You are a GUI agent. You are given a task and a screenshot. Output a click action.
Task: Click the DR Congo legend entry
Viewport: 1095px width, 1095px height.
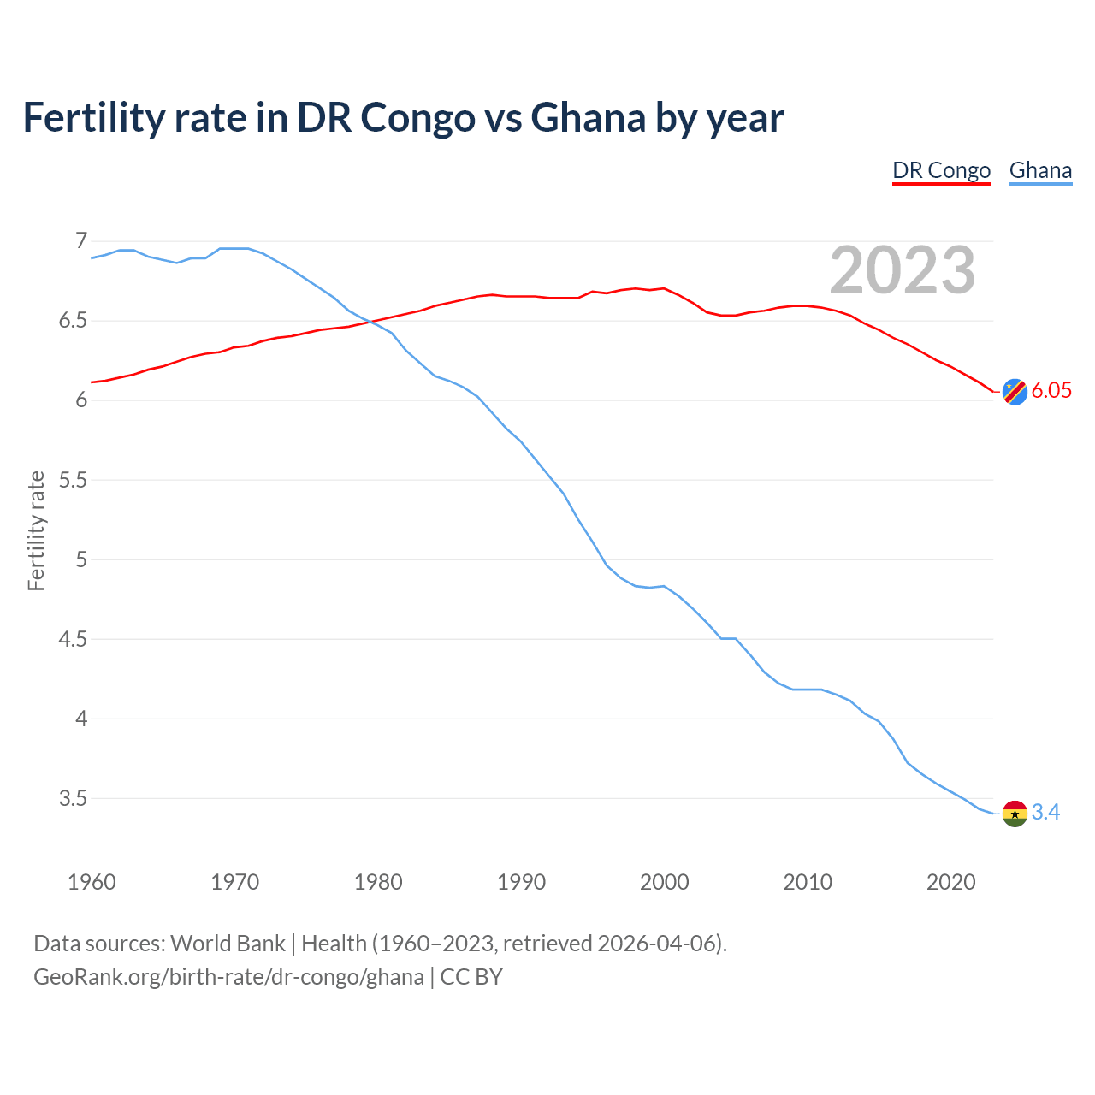coord(941,170)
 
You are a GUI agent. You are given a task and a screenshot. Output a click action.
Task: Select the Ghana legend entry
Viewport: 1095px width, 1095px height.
coord(1040,170)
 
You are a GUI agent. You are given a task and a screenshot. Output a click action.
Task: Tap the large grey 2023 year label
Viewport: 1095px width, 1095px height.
coord(903,270)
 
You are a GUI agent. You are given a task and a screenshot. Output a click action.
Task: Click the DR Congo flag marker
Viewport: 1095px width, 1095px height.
coord(1015,391)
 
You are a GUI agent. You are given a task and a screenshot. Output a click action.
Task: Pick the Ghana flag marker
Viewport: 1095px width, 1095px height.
coord(1015,813)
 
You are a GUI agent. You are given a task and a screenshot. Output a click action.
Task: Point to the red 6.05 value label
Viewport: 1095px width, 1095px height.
coord(1051,391)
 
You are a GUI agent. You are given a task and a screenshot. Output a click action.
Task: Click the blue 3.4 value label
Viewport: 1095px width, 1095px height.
coord(1045,813)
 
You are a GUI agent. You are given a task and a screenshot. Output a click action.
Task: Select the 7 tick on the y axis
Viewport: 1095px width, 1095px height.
coord(81,241)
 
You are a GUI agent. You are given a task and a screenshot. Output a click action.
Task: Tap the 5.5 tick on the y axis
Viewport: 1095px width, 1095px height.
coord(73,480)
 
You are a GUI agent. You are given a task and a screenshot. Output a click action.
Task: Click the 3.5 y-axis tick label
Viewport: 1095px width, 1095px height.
coord(73,799)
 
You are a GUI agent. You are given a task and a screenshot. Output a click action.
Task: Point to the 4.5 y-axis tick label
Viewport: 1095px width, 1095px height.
coord(73,640)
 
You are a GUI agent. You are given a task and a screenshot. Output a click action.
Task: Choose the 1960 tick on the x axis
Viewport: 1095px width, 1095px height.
coord(92,882)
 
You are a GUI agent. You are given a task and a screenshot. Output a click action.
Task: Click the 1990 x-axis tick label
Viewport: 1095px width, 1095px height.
coord(521,882)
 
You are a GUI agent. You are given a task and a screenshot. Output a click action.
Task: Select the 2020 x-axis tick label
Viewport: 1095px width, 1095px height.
coord(950,882)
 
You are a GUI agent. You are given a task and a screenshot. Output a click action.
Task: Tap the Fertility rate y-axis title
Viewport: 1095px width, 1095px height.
coord(36,530)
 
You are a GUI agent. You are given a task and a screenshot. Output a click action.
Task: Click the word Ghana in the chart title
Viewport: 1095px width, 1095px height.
coord(588,118)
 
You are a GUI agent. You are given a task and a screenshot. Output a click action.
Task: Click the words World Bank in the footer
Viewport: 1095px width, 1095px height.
coord(228,944)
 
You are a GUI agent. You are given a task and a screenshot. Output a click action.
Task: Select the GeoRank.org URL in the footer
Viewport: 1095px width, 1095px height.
coord(228,977)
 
